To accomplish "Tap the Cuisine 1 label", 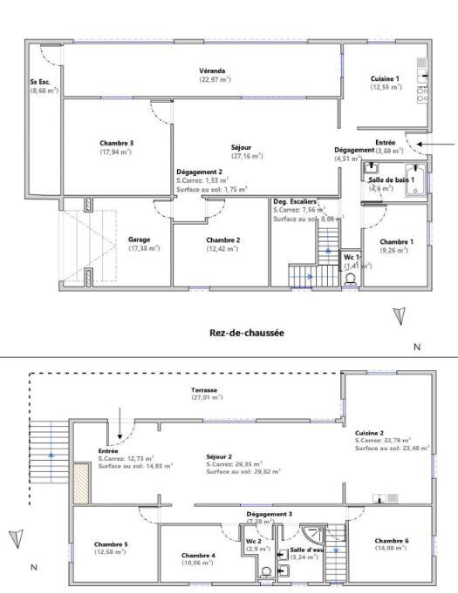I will (x=386, y=78).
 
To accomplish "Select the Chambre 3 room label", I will (x=116, y=143).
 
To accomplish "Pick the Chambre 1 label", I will (x=397, y=242).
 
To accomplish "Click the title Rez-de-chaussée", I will (x=247, y=332).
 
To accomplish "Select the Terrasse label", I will (x=206, y=389).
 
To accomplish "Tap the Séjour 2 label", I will (x=219, y=456).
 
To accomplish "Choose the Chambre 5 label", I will (x=111, y=544).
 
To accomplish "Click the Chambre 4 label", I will (x=198, y=555).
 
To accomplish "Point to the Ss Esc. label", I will (x=40, y=83).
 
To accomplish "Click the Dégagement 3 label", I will (x=269, y=515).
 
